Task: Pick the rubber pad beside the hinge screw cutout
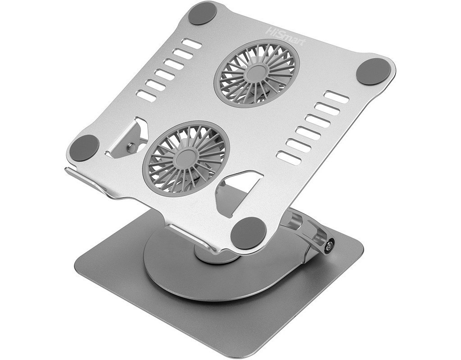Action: point(85,148)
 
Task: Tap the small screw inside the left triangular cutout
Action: point(131,145)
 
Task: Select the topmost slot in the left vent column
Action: point(192,44)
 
